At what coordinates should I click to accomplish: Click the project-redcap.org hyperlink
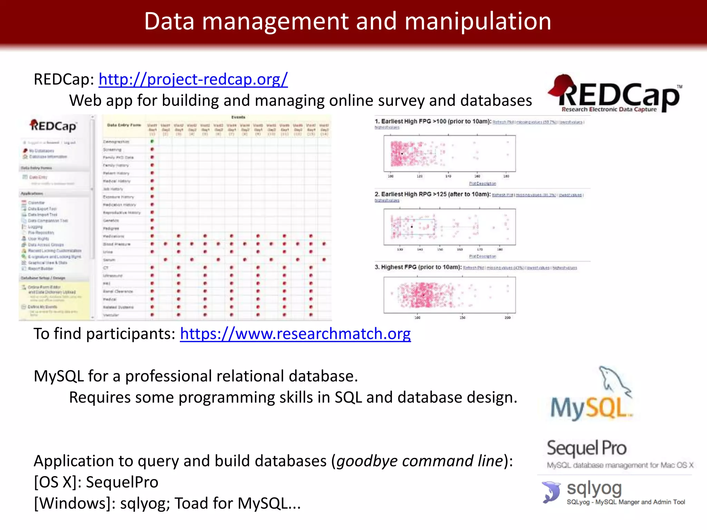(x=193, y=79)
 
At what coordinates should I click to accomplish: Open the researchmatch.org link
(x=295, y=334)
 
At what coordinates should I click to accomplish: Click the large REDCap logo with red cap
(x=614, y=93)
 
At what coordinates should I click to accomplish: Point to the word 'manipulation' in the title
(x=478, y=21)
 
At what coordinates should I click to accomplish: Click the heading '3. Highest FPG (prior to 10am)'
(x=418, y=267)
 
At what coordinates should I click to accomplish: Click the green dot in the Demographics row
(x=152, y=141)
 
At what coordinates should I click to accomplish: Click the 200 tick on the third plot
(x=507, y=317)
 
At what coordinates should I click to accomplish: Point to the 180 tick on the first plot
(x=506, y=176)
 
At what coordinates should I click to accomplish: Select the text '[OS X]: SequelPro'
(x=96, y=482)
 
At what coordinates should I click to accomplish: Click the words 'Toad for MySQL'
(x=231, y=503)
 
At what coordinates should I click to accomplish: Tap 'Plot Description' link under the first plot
(x=482, y=184)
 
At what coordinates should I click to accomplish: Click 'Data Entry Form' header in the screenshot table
(x=124, y=125)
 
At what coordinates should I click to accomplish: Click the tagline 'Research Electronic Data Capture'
(x=609, y=109)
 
